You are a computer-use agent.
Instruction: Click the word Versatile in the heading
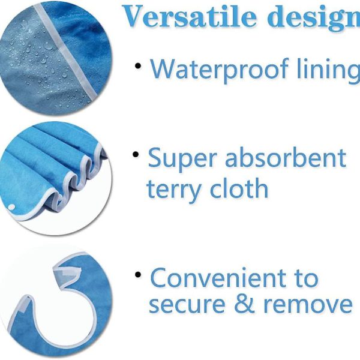point(190,16)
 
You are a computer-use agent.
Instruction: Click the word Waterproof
point(219,69)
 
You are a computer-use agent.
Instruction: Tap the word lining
point(328,69)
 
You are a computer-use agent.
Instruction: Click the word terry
point(174,190)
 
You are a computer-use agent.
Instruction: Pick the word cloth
point(239,187)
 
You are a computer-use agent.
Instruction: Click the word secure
point(187,304)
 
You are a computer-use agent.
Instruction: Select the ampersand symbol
point(244,302)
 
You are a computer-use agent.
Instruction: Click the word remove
point(308,304)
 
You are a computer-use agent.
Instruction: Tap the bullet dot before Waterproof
point(138,66)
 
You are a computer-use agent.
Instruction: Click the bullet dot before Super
point(136,154)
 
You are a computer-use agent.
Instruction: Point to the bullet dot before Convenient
point(138,274)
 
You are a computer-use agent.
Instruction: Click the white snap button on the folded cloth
point(11,208)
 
